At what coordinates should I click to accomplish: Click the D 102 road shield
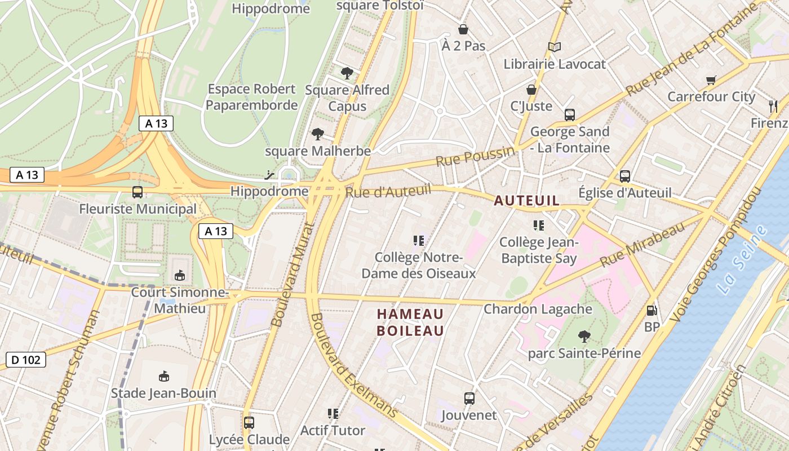(26, 360)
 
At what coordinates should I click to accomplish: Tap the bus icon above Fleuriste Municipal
(137, 192)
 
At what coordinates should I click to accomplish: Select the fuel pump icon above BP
(651, 310)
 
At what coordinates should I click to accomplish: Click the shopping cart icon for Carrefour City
(711, 80)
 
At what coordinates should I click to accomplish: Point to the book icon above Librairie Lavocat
(555, 47)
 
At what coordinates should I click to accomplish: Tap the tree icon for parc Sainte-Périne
(584, 337)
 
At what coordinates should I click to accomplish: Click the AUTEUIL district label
(527, 201)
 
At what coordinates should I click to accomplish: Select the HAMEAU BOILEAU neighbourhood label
(410, 322)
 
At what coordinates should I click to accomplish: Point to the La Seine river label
(743, 259)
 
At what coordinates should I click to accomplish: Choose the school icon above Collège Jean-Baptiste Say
(539, 225)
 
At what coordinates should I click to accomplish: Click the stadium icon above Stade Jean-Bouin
(163, 376)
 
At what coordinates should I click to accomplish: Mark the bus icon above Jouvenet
(469, 399)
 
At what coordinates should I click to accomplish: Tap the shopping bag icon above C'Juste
(531, 90)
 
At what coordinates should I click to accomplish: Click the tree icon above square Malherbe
(318, 134)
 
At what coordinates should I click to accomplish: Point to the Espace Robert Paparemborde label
(251, 97)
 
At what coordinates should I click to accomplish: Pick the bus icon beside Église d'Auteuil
(625, 176)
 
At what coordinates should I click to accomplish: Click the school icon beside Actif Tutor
(333, 414)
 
